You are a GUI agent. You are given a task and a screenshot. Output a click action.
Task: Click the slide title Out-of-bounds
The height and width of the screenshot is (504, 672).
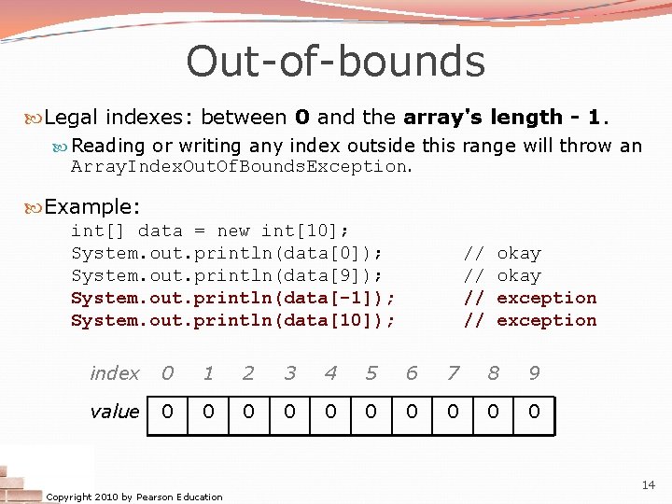click(335, 62)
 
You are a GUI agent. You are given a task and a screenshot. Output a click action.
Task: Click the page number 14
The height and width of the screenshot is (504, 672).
click(649, 484)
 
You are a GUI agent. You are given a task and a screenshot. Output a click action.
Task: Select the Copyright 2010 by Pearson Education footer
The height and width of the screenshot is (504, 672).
click(134, 497)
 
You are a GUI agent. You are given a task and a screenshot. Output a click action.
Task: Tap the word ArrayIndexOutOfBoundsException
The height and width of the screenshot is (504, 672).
click(239, 167)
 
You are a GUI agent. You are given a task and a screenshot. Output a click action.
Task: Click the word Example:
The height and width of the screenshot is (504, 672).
click(91, 206)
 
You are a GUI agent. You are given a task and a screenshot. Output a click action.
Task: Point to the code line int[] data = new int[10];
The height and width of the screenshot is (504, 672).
click(210, 231)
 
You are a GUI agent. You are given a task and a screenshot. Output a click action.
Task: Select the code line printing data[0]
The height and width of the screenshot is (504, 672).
click(227, 253)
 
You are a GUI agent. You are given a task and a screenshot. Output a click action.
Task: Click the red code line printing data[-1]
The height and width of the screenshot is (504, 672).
click(232, 298)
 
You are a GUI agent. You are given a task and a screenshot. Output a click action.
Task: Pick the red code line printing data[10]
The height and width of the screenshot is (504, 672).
click(232, 320)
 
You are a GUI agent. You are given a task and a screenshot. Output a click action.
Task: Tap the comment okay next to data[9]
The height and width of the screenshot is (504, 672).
click(519, 275)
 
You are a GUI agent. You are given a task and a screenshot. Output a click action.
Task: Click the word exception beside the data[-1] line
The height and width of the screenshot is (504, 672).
click(546, 298)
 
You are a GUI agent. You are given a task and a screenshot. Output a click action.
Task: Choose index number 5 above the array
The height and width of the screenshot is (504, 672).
click(371, 373)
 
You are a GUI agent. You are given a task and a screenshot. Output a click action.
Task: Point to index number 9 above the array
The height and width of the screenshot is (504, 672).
click(534, 373)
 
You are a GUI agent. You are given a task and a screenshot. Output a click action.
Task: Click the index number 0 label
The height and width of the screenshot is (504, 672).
click(167, 373)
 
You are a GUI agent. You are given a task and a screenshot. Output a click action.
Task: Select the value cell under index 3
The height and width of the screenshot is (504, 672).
click(290, 412)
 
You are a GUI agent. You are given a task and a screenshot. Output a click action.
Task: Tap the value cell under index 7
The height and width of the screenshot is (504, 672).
click(453, 412)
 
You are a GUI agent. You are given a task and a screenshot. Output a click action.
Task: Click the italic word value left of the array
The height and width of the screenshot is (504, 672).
click(114, 412)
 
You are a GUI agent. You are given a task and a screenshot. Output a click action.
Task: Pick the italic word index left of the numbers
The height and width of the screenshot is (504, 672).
click(114, 373)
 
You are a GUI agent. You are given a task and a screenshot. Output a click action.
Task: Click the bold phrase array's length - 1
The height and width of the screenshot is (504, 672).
click(504, 118)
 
